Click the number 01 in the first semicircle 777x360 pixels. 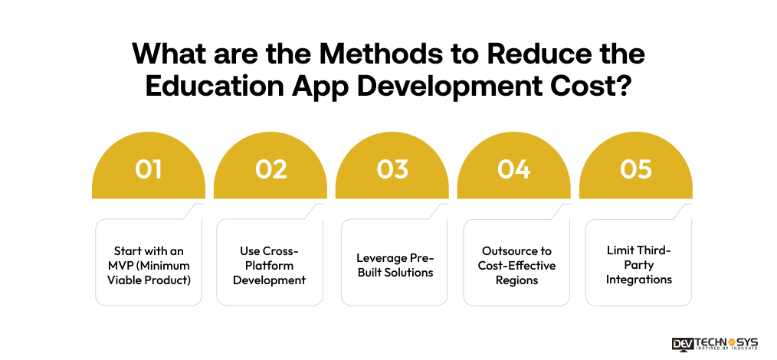(x=148, y=169)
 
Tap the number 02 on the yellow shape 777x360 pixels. (x=270, y=169)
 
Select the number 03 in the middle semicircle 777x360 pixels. (x=392, y=169)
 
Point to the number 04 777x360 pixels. (x=514, y=169)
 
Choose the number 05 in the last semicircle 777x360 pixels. (x=636, y=169)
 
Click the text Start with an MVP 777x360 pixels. (x=148, y=265)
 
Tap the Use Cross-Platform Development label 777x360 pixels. (x=270, y=265)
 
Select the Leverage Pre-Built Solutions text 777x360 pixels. (x=392, y=265)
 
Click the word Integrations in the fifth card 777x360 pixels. (x=638, y=280)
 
